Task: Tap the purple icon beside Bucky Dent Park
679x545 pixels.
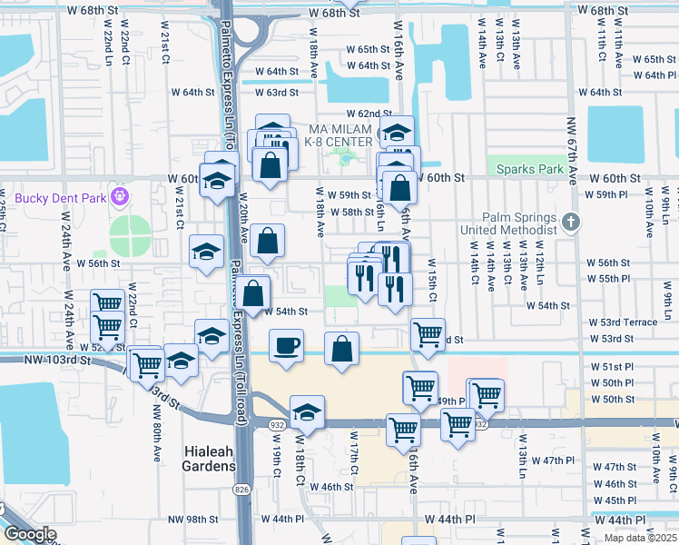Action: pyautogui.click(x=119, y=195)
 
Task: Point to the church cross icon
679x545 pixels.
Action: pyautogui.click(x=569, y=221)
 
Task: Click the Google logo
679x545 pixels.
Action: pyautogui.click(x=30, y=535)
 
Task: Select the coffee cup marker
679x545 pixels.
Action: pyautogui.click(x=287, y=346)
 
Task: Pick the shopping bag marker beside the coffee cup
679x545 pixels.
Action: pyautogui.click(x=341, y=349)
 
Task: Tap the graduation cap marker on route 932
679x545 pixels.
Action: pyautogui.click(x=307, y=411)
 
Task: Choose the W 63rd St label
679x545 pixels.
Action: pyautogui.click(x=276, y=93)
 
